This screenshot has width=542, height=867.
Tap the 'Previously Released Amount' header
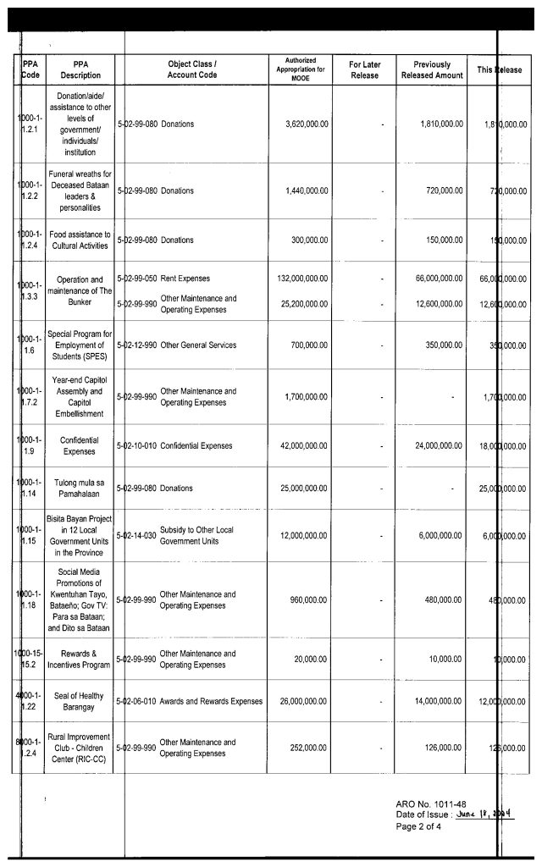432,69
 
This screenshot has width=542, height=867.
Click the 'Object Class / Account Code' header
192,69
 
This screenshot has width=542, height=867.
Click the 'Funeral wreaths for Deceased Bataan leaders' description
80,191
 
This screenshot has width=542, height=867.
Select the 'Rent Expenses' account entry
185,279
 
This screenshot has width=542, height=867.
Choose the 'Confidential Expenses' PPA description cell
80,446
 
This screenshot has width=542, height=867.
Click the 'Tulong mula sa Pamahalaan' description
80,489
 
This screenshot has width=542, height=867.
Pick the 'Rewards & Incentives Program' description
80,660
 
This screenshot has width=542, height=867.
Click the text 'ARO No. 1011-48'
430,803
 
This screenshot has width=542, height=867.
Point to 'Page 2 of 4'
418,826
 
